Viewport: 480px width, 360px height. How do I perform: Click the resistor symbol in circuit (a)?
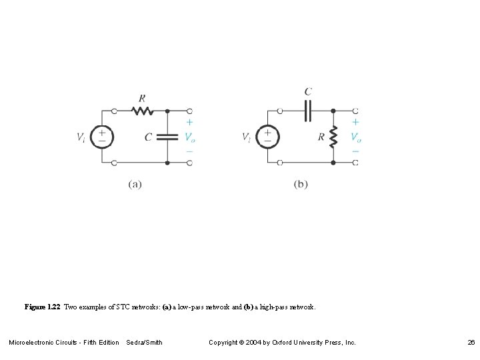[141, 111]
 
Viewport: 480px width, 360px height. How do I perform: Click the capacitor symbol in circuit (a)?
[167, 137]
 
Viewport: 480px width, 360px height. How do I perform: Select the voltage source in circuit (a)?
[102, 137]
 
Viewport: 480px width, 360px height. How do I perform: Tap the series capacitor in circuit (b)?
[307, 111]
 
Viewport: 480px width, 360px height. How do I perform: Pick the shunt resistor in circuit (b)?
[333, 137]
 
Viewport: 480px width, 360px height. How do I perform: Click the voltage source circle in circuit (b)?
[268, 137]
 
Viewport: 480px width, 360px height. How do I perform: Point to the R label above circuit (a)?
[142, 97]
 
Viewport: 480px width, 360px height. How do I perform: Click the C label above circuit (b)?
[307, 92]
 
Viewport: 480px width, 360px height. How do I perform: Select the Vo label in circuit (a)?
[190, 137]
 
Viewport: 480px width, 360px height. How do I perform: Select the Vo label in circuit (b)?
[355, 137]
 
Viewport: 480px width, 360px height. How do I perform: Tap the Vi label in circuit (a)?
[81, 137]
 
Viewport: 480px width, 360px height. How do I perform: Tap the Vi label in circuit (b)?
[247, 137]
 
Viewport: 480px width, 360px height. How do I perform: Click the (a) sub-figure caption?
[135, 185]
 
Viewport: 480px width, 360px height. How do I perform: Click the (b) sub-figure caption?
[301, 185]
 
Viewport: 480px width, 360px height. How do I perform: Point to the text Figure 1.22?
[42, 307]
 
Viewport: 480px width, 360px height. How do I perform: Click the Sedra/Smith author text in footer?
[145, 343]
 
